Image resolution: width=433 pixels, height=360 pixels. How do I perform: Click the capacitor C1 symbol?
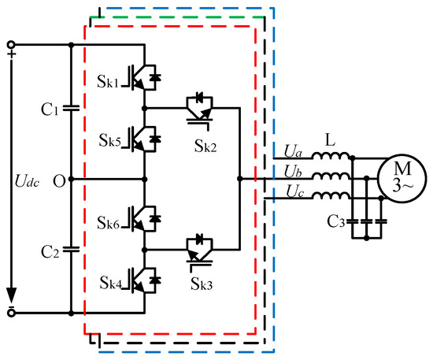click(x=70, y=109)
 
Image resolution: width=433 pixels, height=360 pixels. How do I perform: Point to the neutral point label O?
click(x=57, y=180)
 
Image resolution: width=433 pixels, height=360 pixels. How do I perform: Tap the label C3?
click(x=336, y=222)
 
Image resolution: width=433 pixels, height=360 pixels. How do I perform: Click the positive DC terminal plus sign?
click(x=12, y=54)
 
